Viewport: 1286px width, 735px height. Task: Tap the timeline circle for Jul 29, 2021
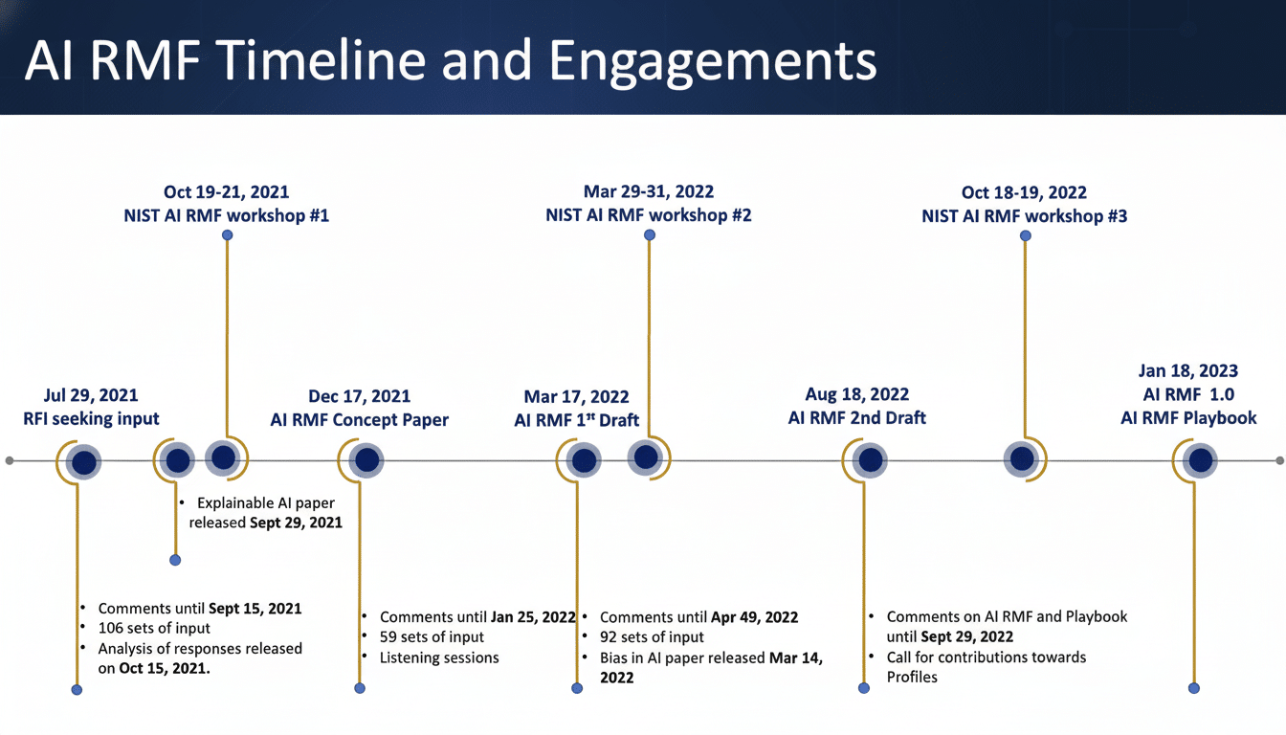85,462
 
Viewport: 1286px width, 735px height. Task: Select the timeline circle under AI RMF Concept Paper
366,461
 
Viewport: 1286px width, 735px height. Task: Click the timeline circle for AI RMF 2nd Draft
870,461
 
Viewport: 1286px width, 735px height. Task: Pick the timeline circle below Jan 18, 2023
1199,461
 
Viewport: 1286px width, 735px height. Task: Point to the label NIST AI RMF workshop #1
226,215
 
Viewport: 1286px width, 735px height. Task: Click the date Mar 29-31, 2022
648,191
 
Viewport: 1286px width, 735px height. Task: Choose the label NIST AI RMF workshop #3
1024,216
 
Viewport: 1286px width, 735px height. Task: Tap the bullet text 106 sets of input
154,628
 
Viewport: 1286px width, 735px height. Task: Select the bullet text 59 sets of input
432,636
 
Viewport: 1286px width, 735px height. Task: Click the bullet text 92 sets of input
652,636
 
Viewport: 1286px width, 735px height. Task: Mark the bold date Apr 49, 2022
754,617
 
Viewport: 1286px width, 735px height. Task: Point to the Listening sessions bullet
439,657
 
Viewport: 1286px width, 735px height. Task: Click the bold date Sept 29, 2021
296,523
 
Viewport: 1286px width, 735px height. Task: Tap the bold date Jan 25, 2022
533,617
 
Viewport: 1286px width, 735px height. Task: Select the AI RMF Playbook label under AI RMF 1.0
1188,418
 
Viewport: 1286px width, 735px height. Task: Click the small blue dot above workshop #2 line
650,235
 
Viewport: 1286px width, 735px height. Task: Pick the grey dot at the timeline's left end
10,461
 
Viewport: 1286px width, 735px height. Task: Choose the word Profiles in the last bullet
912,677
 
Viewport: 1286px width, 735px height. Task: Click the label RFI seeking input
91,418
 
